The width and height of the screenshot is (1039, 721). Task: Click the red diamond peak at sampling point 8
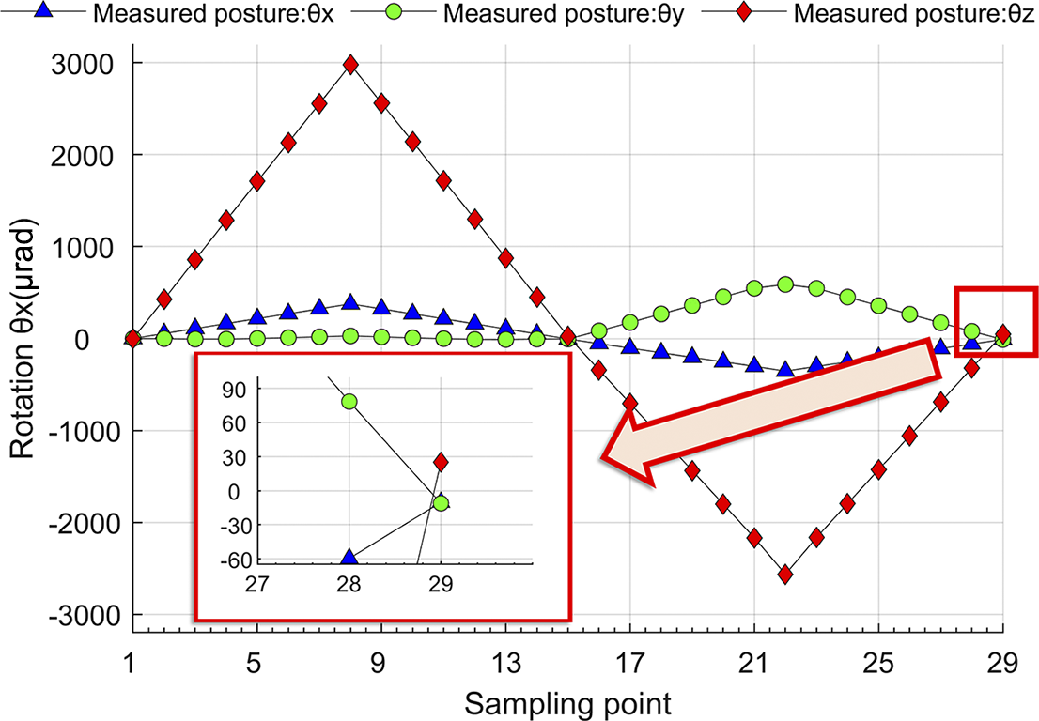click(x=350, y=65)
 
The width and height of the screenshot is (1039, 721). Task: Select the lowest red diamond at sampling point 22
click(x=785, y=575)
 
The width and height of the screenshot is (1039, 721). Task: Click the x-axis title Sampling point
click(x=567, y=702)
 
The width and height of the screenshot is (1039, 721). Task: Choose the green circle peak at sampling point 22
click(x=785, y=284)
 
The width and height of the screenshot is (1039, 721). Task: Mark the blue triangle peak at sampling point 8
click(x=350, y=302)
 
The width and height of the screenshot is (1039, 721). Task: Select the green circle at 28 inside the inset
click(x=349, y=401)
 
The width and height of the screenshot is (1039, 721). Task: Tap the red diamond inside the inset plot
click(x=441, y=462)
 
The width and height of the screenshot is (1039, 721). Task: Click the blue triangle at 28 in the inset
click(x=349, y=558)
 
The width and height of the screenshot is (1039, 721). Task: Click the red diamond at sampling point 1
click(x=132, y=338)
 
